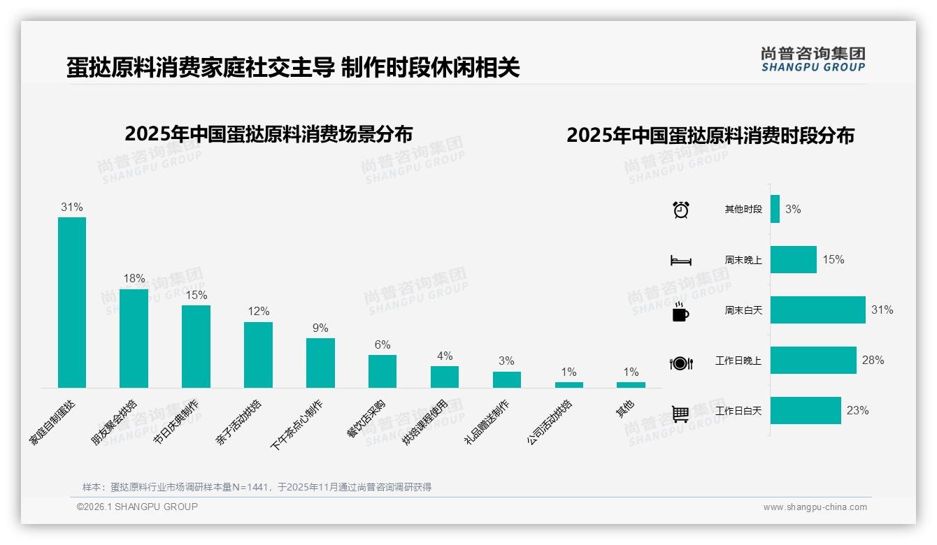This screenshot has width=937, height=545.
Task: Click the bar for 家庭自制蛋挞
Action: pyautogui.click(x=71, y=302)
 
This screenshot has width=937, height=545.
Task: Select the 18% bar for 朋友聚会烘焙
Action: pyautogui.click(x=134, y=338)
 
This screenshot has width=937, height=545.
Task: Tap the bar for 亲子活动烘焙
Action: pyautogui.click(x=258, y=354)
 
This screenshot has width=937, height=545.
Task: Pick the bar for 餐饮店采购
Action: pyautogui.click(x=382, y=371)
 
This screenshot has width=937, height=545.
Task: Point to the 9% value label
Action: pyautogui.click(x=320, y=328)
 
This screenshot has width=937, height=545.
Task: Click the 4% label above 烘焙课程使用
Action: pyautogui.click(x=445, y=356)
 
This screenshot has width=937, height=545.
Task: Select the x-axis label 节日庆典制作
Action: pyautogui.click(x=176, y=423)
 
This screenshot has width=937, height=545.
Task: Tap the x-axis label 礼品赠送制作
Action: pyautogui.click(x=487, y=423)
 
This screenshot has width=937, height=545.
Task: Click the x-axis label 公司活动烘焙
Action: pyautogui.click(x=550, y=423)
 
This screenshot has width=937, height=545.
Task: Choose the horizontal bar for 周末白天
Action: pyautogui.click(x=817, y=310)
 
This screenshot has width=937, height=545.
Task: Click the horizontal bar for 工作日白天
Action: pyautogui.click(x=806, y=410)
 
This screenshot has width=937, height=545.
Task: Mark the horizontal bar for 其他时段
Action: pyautogui.click(x=775, y=209)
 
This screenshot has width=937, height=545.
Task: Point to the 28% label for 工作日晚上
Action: pyautogui.click(x=873, y=360)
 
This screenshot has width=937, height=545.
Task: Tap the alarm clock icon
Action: pyautogui.click(x=680, y=209)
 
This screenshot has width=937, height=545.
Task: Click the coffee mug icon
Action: pyautogui.click(x=680, y=312)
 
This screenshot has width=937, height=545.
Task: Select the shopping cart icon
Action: pyautogui.click(x=680, y=413)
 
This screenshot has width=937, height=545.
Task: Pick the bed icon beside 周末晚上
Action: pyautogui.click(x=680, y=261)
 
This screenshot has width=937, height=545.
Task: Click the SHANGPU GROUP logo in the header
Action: pyautogui.click(x=813, y=59)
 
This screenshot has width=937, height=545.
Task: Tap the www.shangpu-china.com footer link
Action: pyautogui.click(x=815, y=507)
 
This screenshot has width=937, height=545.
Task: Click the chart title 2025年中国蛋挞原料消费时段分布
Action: pyautogui.click(x=710, y=135)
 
